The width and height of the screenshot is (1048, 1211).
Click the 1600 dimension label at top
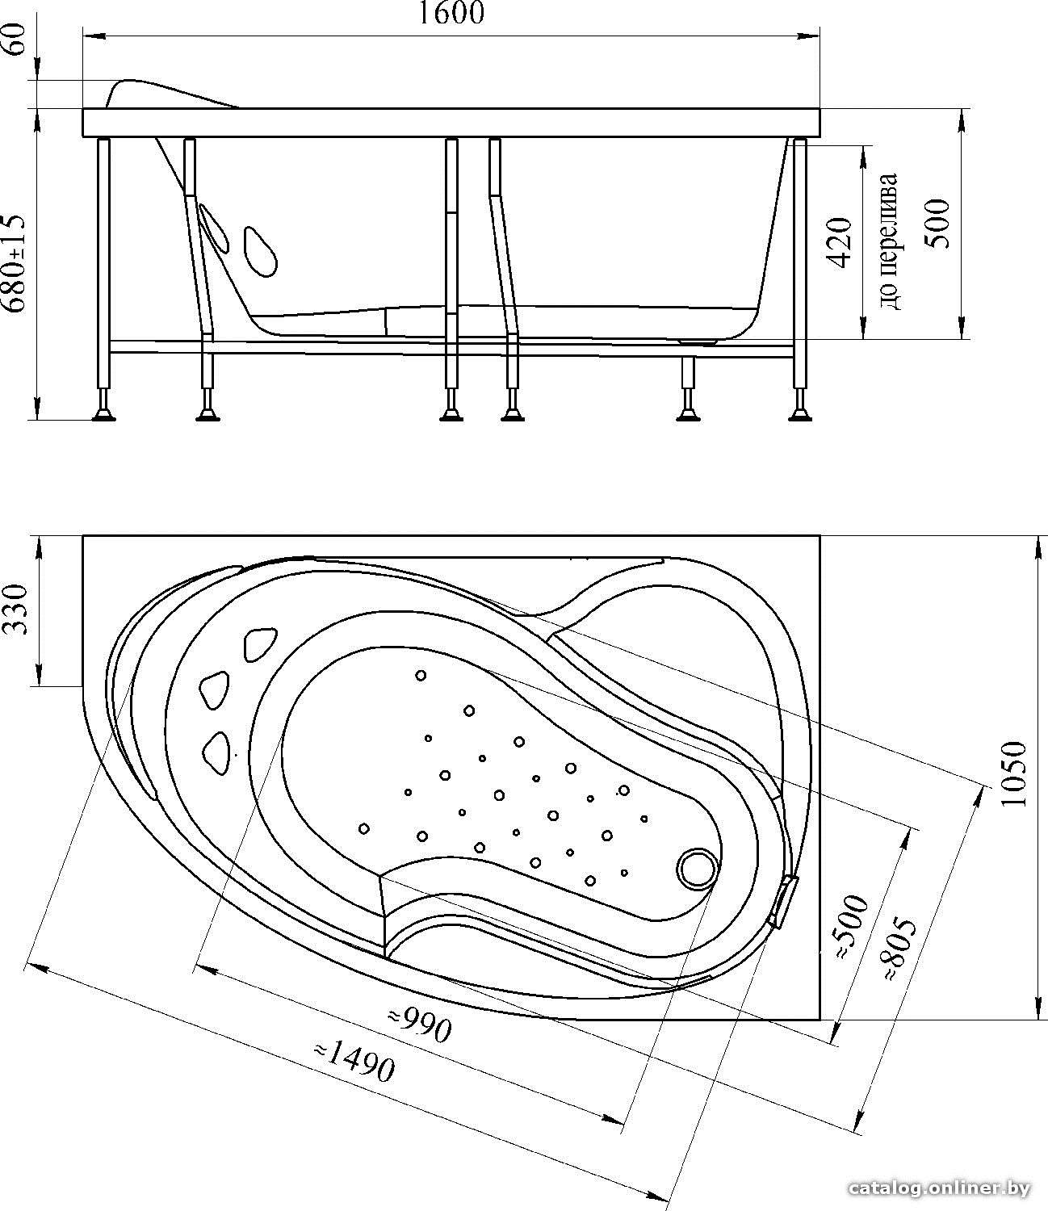(451, 14)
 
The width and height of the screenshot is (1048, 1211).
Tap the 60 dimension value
(16, 40)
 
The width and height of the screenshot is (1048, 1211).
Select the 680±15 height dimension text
(14, 264)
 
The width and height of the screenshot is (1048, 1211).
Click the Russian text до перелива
(887, 242)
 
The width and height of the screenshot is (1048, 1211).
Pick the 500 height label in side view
(937, 224)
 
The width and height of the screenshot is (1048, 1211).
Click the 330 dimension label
(16, 610)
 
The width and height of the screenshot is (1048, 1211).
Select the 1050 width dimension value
(1014, 774)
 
